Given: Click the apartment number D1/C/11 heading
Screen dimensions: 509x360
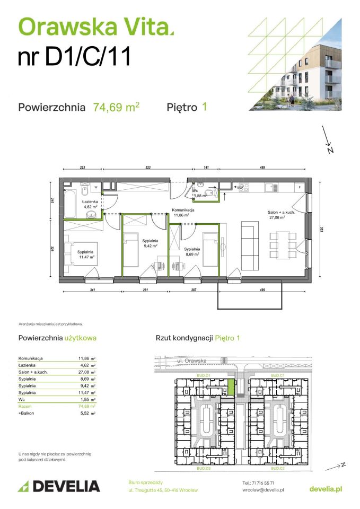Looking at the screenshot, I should [74, 57].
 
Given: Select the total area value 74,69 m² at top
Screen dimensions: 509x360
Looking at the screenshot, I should [116, 107].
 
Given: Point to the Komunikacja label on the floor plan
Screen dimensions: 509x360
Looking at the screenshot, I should [183, 210].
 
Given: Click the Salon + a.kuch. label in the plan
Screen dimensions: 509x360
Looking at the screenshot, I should [280, 212].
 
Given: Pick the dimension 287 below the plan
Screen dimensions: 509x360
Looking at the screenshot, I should [194, 291].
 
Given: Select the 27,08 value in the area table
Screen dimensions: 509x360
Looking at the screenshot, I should [85, 372].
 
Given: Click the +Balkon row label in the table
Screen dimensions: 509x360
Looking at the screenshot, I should [28, 413].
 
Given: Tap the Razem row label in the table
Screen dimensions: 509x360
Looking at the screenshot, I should [26, 406].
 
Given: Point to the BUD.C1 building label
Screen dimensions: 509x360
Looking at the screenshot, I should [278, 375].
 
